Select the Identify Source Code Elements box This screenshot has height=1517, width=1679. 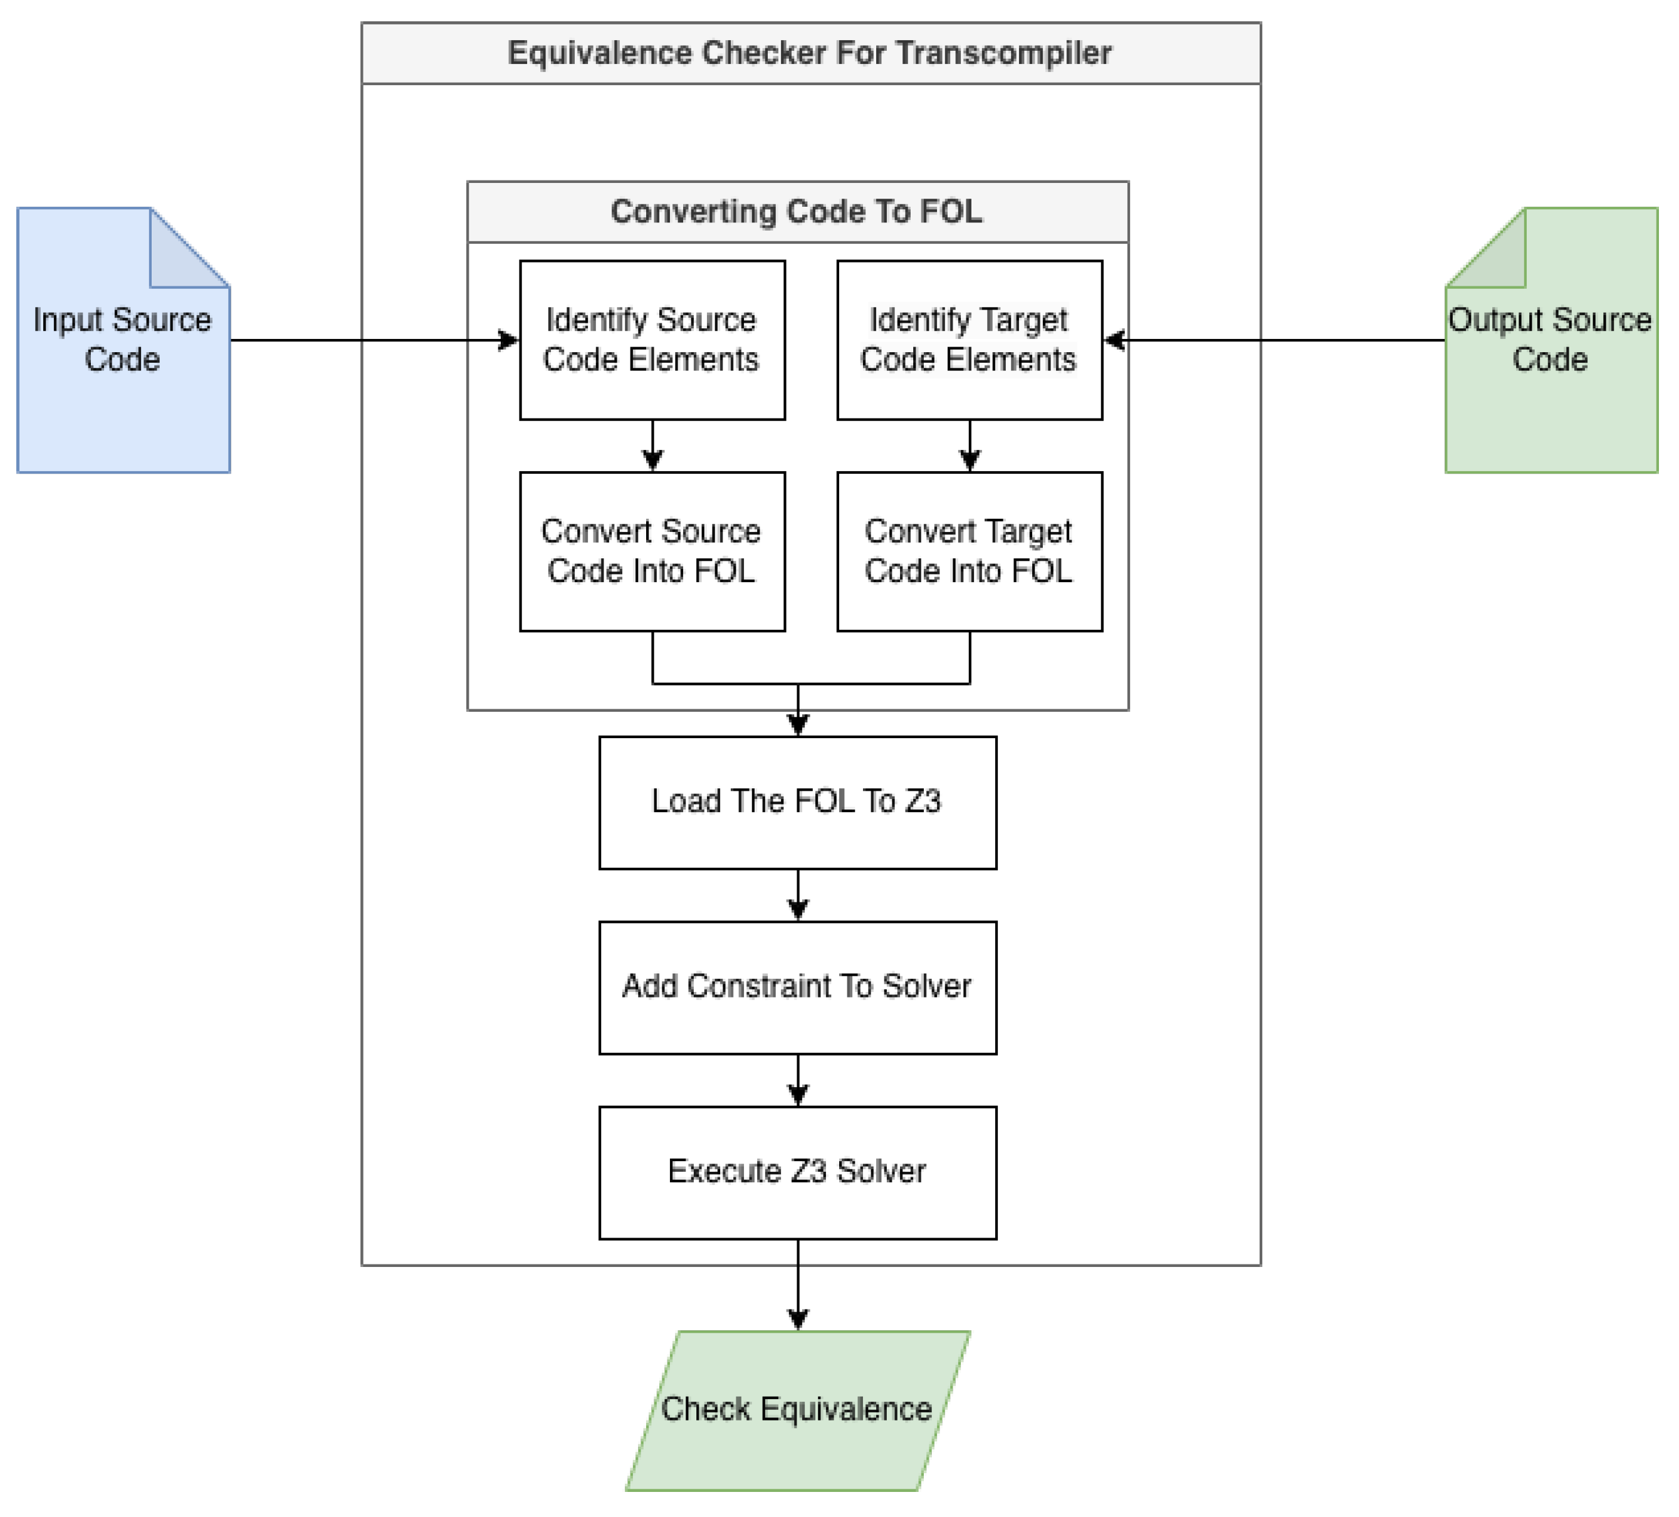(652, 340)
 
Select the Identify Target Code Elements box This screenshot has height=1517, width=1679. (970, 340)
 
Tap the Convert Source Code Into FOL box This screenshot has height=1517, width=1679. (652, 551)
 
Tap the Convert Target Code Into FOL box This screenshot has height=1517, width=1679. (970, 551)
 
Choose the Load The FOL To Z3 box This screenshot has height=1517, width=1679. (797, 802)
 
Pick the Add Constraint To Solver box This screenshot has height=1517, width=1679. (797, 988)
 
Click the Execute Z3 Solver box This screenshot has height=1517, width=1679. (797, 1172)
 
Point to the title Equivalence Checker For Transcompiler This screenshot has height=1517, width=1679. (810, 53)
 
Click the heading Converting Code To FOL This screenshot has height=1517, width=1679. (797, 212)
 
